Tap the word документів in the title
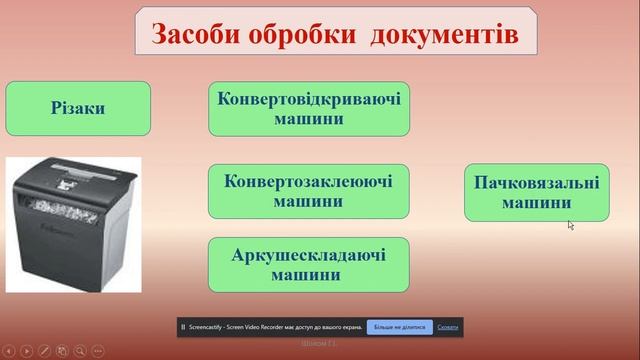tap(444, 34)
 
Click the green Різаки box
tap(78, 108)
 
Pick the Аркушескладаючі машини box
tap(309, 264)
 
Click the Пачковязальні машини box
tap(536, 192)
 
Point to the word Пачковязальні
tap(536, 183)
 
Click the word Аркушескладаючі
tap(309, 255)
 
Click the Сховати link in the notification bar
tap(447, 327)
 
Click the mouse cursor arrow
tap(570, 224)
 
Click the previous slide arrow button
tap(10, 351)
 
